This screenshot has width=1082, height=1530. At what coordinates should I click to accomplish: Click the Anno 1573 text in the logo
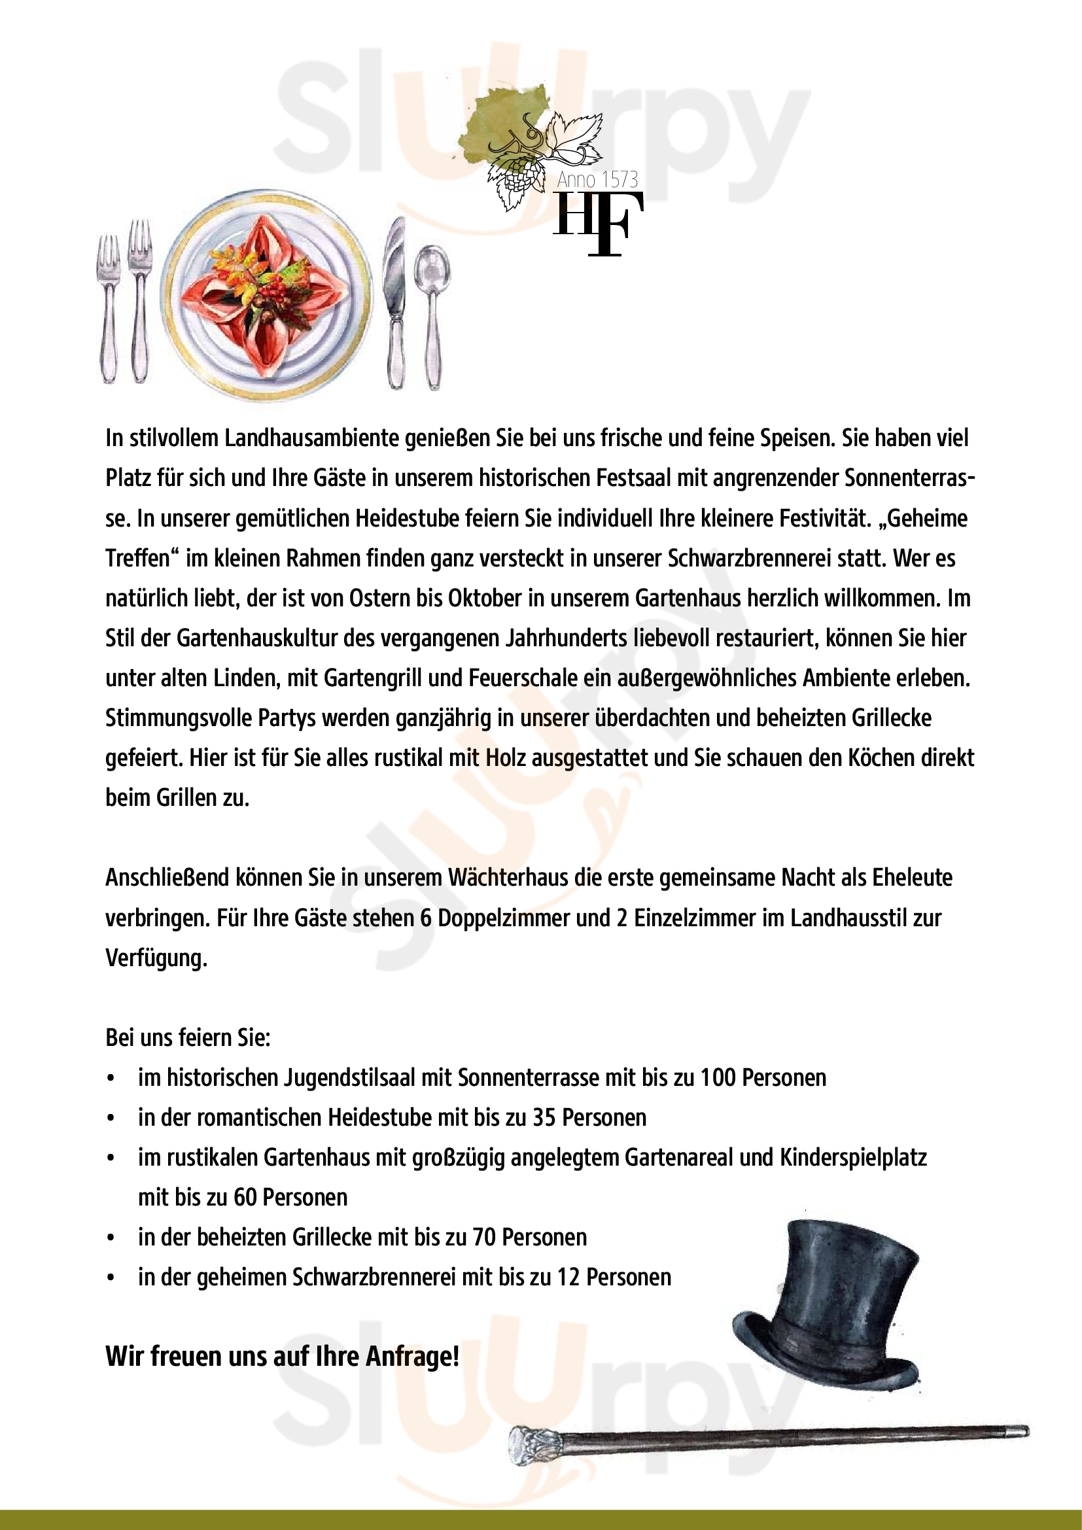597,179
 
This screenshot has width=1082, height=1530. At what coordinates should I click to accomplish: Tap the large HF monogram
598,224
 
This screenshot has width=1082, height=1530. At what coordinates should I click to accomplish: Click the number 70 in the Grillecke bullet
483,1238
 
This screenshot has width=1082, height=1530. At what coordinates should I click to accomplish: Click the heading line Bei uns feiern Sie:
188,1037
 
